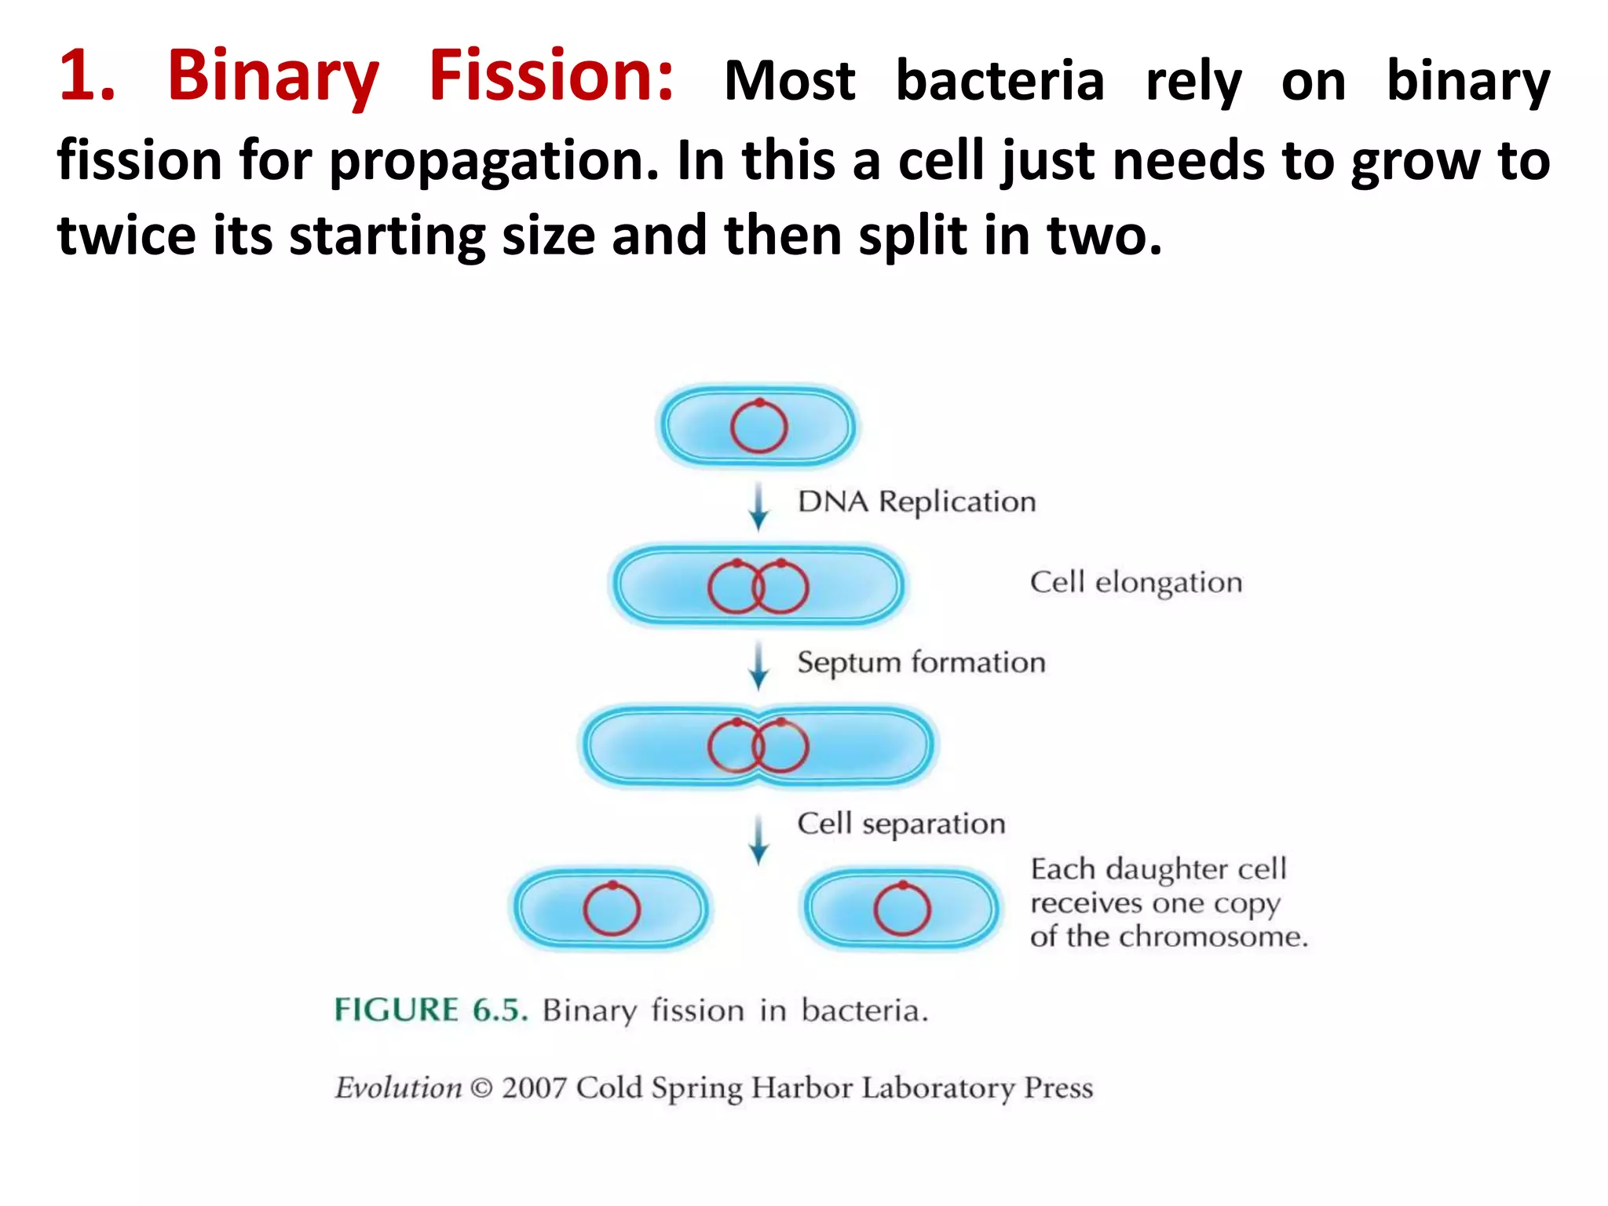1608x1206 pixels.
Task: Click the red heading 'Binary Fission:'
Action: tap(420, 77)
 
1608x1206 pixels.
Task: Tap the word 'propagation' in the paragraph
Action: tap(493, 161)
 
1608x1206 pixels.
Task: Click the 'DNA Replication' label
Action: tap(916, 502)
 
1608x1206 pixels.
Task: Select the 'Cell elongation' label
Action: tap(1135, 583)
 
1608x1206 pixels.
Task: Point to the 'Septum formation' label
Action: tap(921, 663)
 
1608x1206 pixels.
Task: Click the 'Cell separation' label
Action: tap(901, 824)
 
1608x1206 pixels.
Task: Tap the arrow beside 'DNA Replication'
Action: tap(758, 506)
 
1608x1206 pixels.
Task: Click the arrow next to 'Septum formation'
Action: tap(758, 666)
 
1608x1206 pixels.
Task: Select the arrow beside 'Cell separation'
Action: tap(758, 839)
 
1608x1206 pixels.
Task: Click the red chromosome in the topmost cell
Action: tap(758, 427)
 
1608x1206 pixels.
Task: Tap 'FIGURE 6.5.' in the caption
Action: tap(430, 1010)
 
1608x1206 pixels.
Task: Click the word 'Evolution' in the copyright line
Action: tap(398, 1088)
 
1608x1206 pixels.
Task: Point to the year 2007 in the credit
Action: tap(534, 1088)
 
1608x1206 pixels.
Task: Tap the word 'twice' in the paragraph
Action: tap(126, 236)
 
